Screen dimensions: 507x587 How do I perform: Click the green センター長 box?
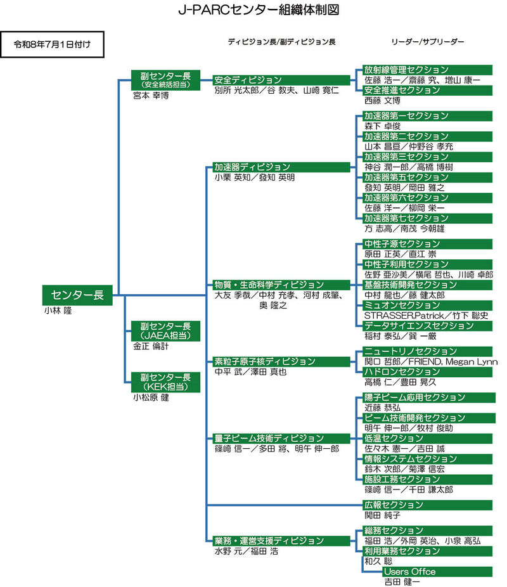coord(77,295)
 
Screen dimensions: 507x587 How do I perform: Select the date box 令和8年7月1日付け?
coord(52,44)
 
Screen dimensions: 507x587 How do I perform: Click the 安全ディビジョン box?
coord(281,80)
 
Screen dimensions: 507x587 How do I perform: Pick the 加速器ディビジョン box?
coord(281,167)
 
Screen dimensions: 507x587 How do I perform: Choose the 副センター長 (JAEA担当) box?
coord(165,331)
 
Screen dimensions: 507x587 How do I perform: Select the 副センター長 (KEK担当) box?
coord(165,382)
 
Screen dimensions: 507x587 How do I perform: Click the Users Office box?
coord(437,572)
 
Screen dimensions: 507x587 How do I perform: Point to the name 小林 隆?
coord(58,311)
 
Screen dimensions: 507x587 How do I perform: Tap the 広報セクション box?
coord(427,505)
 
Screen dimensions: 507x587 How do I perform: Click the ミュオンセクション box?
coord(427,306)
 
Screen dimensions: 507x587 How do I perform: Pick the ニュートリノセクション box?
coord(427,352)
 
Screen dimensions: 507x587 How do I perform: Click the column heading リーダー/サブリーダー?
coord(428,42)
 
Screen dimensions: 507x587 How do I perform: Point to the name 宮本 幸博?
coord(151,96)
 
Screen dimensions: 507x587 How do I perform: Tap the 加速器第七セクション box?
coord(427,218)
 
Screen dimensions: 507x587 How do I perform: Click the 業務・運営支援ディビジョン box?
coord(281,541)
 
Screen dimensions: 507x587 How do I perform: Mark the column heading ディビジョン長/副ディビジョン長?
coord(282,42)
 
